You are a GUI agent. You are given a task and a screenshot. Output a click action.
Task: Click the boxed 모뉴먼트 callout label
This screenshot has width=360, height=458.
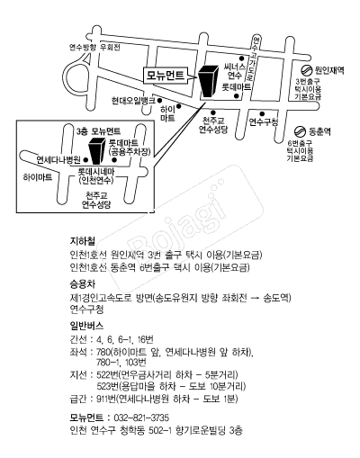(x=166, y=75)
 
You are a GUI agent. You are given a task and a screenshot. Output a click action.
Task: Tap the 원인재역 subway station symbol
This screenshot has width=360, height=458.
(x=307, y=71)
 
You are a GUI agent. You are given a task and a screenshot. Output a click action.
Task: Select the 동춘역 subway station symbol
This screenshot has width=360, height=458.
(x=300, y=131)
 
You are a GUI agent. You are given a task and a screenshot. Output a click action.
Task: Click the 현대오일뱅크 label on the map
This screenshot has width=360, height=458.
(x=133, y=101)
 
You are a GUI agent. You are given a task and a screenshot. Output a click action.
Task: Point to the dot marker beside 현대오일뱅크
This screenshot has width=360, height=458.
(x=160, y=100)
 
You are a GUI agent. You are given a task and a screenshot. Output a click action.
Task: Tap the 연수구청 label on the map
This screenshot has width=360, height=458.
(x=264, y=122)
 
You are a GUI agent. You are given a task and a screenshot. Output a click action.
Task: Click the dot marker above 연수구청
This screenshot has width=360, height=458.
(x=262, y=113)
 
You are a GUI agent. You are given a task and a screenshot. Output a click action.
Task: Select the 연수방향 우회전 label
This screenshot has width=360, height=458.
(x=94, y=48)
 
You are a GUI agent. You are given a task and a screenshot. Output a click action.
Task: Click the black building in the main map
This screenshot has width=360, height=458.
(x=210, y=81)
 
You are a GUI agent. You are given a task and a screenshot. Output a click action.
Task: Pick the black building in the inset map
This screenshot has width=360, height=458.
(x=97, y=151)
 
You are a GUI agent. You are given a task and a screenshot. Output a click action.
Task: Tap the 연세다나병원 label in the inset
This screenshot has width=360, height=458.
(x=58, y=159)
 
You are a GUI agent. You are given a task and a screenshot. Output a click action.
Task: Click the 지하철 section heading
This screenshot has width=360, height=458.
(x=83, y=241)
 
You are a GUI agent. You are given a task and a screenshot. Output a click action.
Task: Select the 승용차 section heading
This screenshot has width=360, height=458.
(x=83, y=283)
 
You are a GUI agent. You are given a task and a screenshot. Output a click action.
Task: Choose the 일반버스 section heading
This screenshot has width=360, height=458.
(x=86, y=326)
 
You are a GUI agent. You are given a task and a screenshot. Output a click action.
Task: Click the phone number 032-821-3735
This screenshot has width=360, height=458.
(x=140, y=418)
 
